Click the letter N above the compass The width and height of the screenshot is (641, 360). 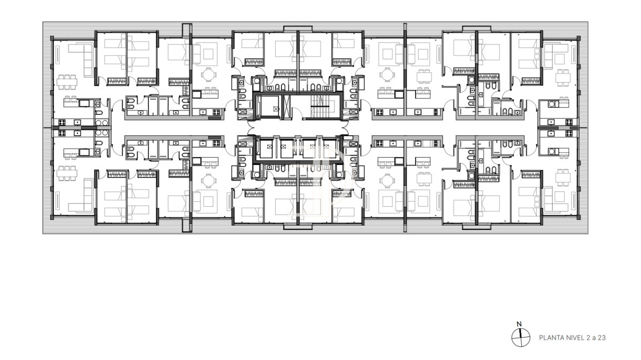[x=519, y=324]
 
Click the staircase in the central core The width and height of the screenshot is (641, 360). [x=320, y=107]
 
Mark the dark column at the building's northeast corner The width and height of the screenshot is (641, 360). [x=578, y=38]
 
